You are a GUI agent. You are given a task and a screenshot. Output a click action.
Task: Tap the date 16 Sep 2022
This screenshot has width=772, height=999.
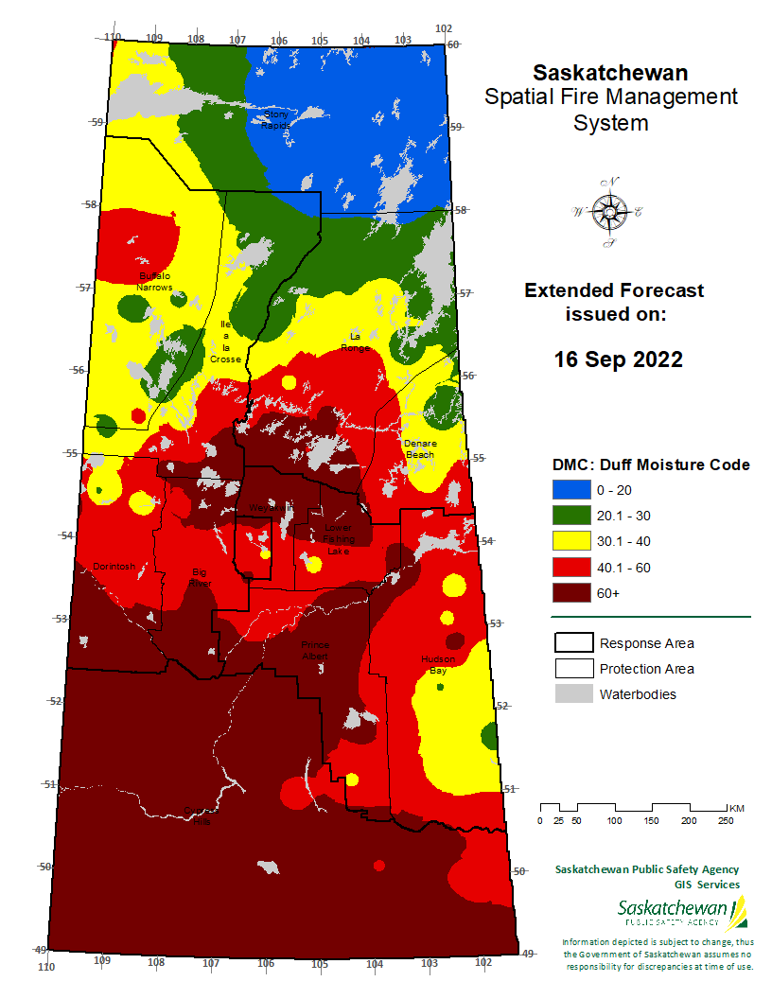[x=618, y=360]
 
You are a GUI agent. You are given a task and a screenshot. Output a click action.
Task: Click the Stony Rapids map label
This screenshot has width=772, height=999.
[x=275, y=119]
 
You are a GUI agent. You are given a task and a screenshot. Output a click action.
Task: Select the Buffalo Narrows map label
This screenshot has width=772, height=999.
[x=154, y=281]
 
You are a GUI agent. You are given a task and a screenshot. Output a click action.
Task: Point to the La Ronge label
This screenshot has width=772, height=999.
[x=356, y=342]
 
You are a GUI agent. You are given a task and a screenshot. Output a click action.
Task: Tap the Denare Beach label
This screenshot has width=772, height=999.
[x=419, y=448]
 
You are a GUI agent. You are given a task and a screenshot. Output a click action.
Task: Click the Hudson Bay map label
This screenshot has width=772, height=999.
[x=438, y=664]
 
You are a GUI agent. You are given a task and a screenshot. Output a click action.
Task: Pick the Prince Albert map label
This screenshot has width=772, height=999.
[x=315, y=650]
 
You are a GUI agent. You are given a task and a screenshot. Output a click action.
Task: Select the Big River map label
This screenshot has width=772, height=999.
[x=199, y=578]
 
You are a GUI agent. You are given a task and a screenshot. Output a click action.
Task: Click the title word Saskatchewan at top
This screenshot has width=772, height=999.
[x=610, y=73]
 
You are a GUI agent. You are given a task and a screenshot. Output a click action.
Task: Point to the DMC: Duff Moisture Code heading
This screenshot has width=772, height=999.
[x=651, y=464]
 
